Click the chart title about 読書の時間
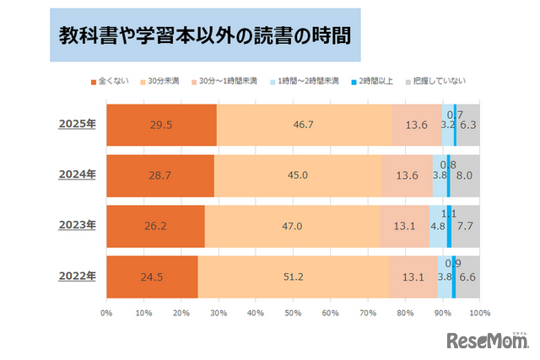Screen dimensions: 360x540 pos(204,36)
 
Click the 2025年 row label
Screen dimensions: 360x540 pos(77,125)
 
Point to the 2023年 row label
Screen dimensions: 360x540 pos(77,225)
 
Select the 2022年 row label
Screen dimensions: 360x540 pos(77,276)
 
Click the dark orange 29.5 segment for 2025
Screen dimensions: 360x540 pos(161,125)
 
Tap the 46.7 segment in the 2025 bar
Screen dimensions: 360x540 pos(304,125)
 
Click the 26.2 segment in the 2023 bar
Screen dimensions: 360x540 pos(155,225)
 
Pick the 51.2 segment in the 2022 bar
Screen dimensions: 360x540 pos(294,276)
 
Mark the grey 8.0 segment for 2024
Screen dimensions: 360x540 pos(465,175)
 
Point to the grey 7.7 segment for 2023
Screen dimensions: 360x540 pos(466,225)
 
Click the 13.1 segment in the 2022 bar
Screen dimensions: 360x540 pos(413,276)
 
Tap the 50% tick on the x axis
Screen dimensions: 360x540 pos(293,313)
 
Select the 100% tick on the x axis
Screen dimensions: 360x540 pos(478,313)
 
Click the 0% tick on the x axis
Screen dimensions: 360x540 pos(107,313)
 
